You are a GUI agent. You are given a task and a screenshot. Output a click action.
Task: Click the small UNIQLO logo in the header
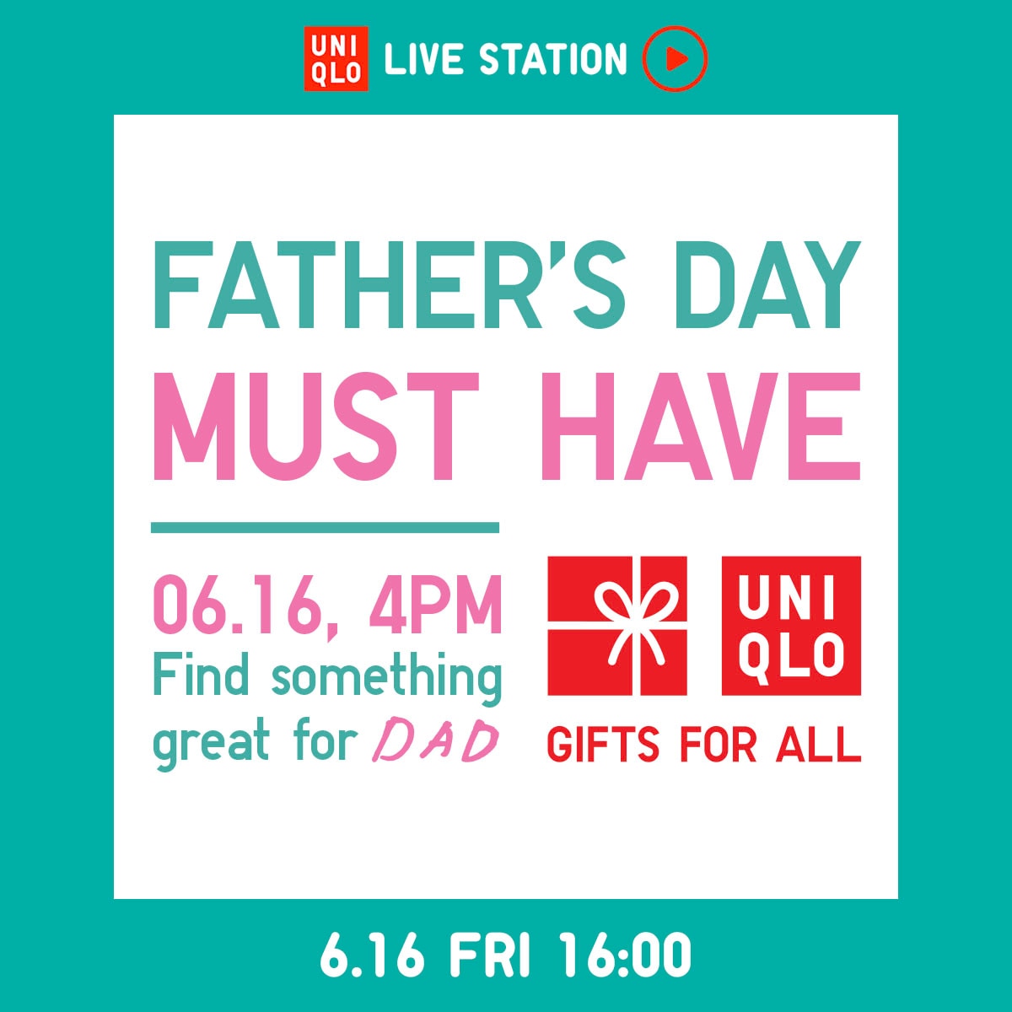coord(336,58)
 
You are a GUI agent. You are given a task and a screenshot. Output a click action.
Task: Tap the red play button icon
coord(674,58)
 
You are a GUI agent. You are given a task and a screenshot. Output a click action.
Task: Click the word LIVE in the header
coord(423,60)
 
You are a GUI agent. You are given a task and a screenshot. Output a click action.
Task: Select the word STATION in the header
coord(553,60)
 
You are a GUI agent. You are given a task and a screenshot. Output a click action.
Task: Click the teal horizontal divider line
coord(325,528)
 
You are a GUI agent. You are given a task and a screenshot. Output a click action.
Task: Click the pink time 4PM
coord(435,605)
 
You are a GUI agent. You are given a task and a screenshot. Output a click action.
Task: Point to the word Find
coord(202,676)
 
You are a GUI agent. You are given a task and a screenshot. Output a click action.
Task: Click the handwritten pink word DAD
coord(435,742)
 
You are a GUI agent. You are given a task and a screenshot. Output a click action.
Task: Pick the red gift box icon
coord(616,626)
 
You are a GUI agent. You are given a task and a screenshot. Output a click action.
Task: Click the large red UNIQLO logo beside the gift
coord(791,626)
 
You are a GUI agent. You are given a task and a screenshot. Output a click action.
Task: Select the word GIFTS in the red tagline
coord(603,746)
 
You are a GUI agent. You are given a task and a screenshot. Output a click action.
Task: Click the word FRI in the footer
coord(490,955)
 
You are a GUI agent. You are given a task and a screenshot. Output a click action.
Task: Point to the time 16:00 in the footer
coord(625,955)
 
